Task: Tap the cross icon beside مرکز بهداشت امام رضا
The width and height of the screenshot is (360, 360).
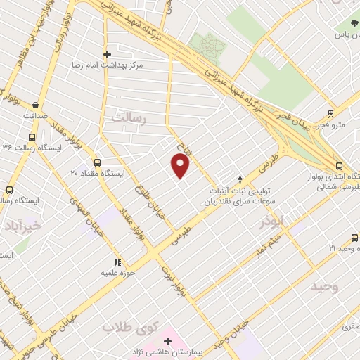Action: tap(108, 53)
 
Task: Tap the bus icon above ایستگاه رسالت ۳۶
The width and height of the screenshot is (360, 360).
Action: tap(32, 137)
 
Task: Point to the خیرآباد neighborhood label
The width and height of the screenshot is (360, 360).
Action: tap(23, 226)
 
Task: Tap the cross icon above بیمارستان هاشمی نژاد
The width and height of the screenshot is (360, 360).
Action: tap(167, 341)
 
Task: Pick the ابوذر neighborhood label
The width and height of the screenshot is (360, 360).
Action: tap(271, 220)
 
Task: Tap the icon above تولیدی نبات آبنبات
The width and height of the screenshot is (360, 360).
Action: tap(240, 180)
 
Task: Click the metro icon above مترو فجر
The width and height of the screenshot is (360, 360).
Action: tap(332, 112)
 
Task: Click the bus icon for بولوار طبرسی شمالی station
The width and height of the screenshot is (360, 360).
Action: tap(340, 167)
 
